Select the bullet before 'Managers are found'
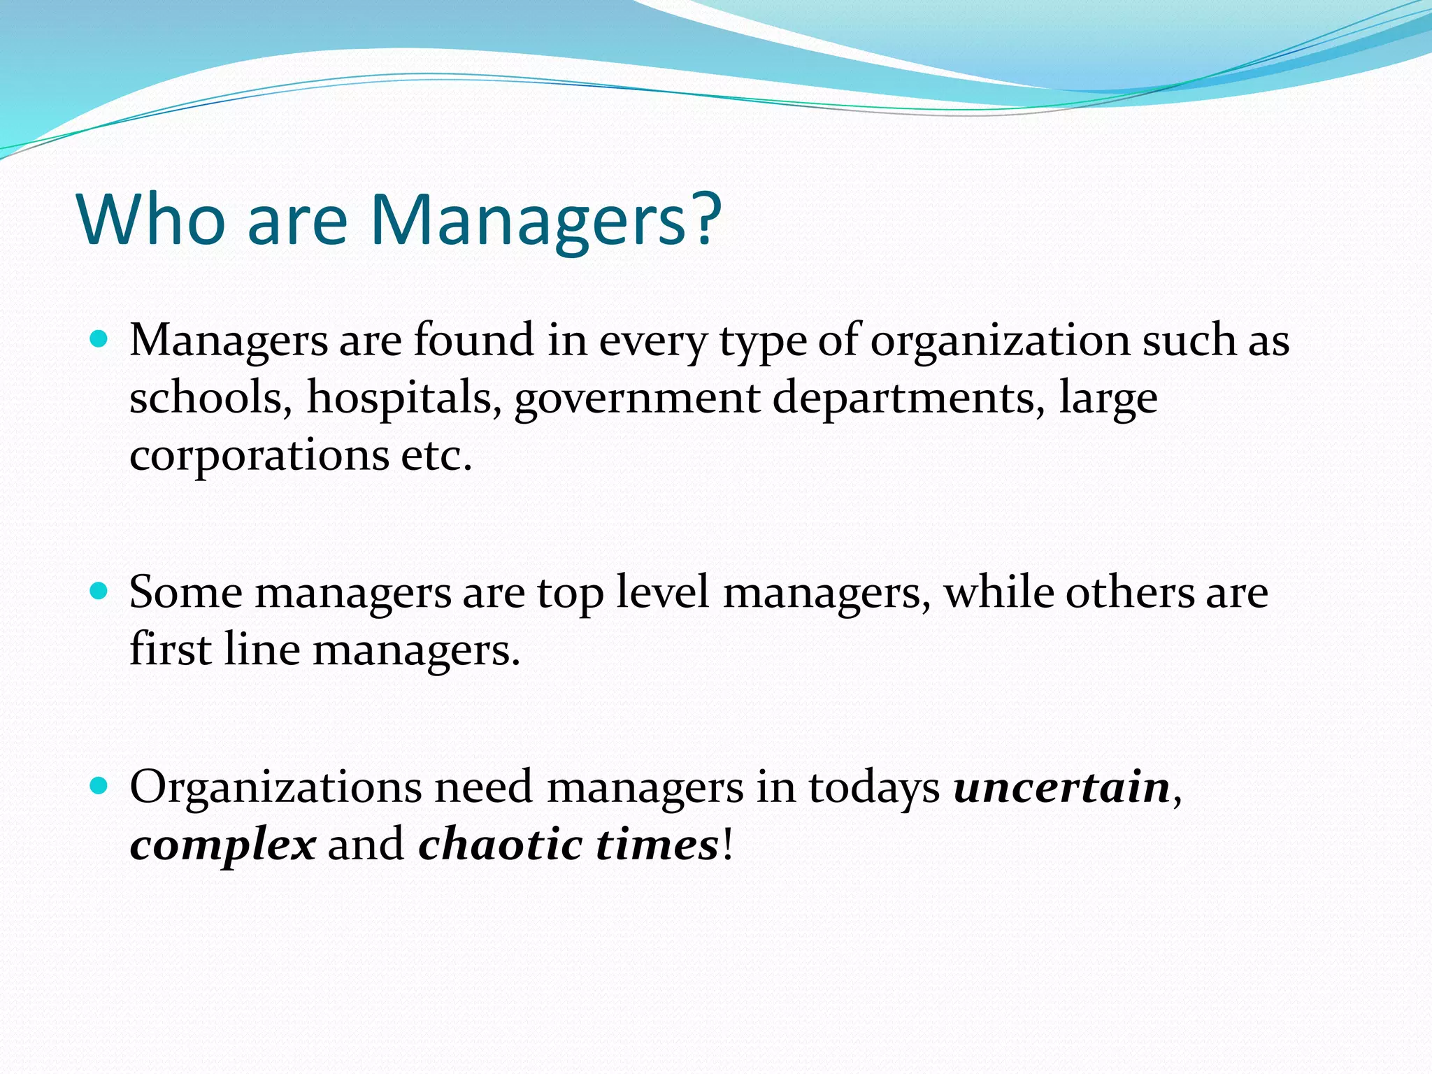99,341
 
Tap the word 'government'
636,399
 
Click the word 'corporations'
259,456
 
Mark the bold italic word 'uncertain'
1062,787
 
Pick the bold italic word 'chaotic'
500,844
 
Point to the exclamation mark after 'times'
727,844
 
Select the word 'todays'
874,789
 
